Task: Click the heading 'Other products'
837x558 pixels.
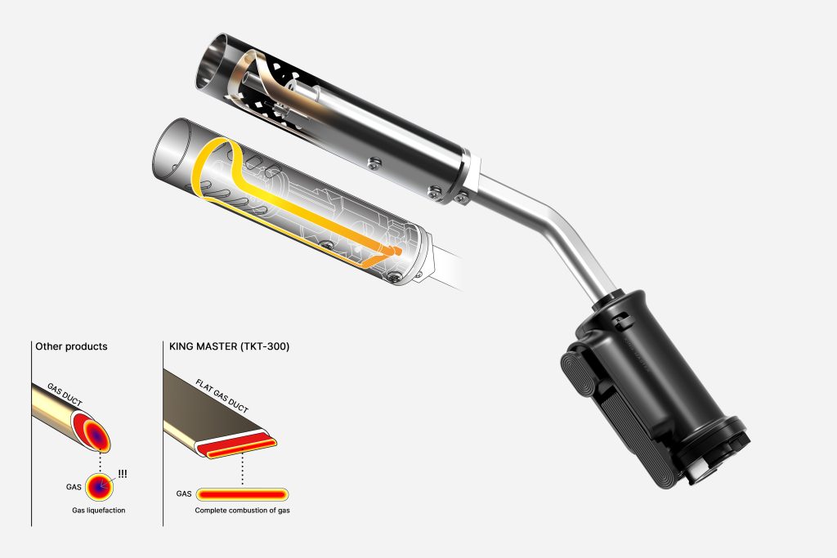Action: click(x=71, y=346)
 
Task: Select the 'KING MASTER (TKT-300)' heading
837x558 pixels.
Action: click(x=229, y=346)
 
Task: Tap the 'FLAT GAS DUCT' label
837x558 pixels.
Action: click(x=222, y=396)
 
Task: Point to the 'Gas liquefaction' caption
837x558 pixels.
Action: click(x=99, y=511)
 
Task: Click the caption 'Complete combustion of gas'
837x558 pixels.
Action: click(x=242, y=511)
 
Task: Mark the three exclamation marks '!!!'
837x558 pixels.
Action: click(x=123, y=474)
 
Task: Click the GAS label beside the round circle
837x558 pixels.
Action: click(x=74, y=487)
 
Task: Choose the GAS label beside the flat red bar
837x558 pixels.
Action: click(x=184, y=494)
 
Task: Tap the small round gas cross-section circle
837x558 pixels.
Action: click(x=100, y=487)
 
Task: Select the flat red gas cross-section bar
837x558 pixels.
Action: click(x=242, y=494)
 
